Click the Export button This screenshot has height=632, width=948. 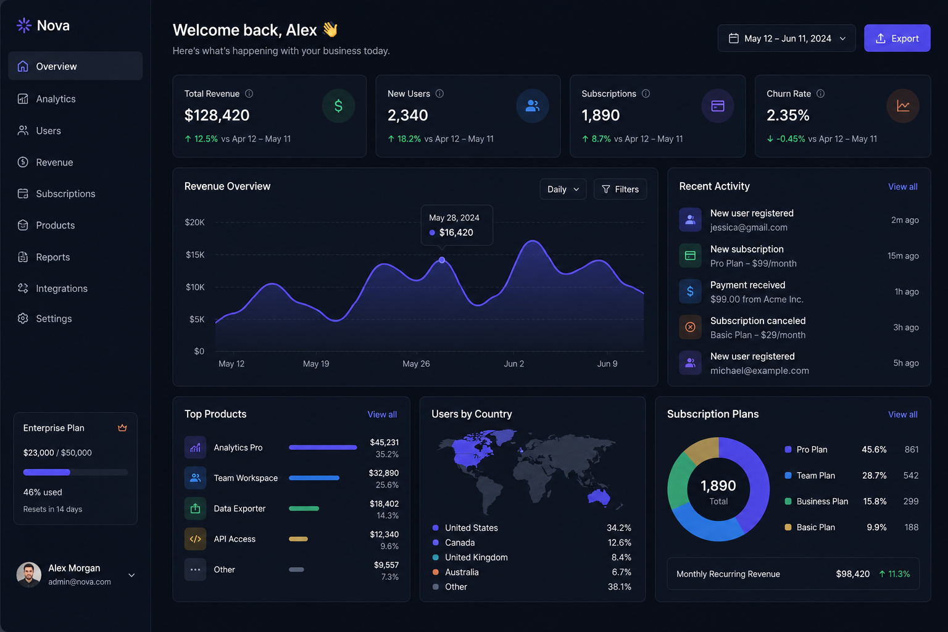[x=897, y=38]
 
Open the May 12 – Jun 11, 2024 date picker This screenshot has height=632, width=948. [x=786, y=38]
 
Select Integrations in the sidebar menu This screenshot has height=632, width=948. [x=61, y=288]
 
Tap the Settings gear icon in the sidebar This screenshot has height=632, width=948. [x=23, y=318]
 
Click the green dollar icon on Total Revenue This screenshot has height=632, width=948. [x=338, y=106]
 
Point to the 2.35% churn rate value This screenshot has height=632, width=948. [x=788, y=115]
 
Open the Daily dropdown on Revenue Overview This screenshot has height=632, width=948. [x=563, y=189]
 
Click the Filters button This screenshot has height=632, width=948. [x=620, y=189]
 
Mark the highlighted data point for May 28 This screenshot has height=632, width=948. [x=442, y=260]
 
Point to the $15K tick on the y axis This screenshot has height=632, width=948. [x=195, y=254]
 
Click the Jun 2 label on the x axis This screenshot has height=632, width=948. [x=513, y=364]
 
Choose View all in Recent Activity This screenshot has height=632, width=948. [x=903, y=186]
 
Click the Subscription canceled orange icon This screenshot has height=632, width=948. [x=690, y=326]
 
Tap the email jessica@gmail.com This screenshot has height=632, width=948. [x=749, y=227]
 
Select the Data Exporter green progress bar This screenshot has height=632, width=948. [x=304, y=509]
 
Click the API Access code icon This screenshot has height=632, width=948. [x=195, y=539]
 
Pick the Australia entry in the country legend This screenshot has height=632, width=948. [x=462, y=572]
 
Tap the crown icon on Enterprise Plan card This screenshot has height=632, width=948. [x=122, y=428]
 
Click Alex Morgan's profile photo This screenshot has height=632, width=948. [x=29, y=575]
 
